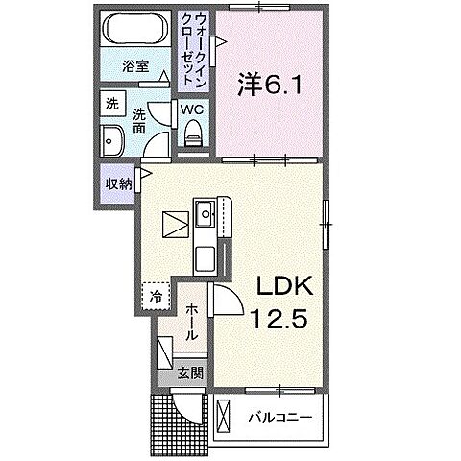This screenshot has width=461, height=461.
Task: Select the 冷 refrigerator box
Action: click(154, 298)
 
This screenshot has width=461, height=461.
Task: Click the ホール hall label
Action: click(192, 323)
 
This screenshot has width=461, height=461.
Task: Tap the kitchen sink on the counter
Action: click(204, 214)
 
